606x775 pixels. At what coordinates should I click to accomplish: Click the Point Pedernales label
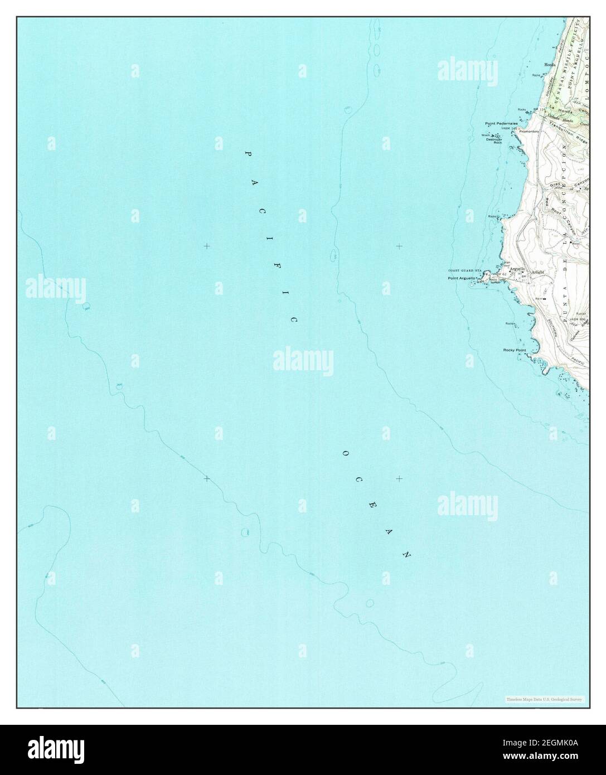tap(501, 123)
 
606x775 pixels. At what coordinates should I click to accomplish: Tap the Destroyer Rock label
tap(494, 141)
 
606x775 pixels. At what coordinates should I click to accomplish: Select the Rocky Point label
tap(514, 350)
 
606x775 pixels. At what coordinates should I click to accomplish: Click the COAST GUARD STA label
tap(464, 270)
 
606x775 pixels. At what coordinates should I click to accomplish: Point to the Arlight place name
tap(537, 272)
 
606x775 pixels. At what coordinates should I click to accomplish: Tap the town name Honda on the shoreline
tap(550, 65)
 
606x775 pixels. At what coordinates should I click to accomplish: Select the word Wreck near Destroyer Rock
tap(485, 135)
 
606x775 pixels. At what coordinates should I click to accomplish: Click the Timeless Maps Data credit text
tap(544, 699)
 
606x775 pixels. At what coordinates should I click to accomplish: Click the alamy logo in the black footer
tap(48, 749)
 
